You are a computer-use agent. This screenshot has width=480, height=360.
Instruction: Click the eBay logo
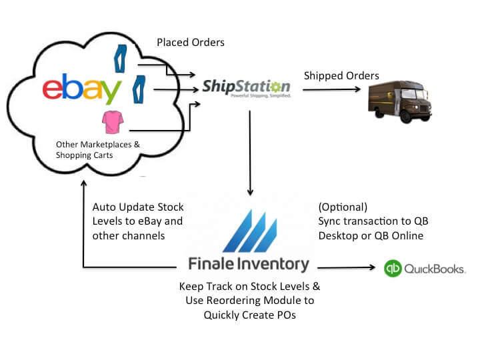click(x=82, y=91)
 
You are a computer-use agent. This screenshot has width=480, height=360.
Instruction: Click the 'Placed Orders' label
click(x=191, y=43)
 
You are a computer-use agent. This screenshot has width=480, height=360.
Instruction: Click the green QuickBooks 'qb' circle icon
click(x=394, y=269)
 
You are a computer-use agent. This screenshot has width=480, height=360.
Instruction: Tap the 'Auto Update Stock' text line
click(x=138, y=207)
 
